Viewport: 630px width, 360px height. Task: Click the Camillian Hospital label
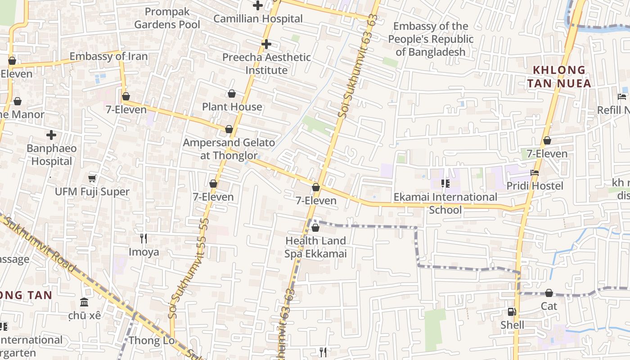click(258, 18)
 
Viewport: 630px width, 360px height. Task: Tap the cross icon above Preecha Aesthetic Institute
click(266, 44)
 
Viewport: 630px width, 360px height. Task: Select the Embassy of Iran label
click(108, 56)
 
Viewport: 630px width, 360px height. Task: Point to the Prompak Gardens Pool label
click(167, 18)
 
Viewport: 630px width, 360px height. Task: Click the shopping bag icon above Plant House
click(232, 94)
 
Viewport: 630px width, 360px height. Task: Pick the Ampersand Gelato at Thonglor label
click(229, 149)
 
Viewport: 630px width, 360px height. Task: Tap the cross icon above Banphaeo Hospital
click(51, 135)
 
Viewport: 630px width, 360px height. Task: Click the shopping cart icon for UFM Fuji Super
click(92, 179)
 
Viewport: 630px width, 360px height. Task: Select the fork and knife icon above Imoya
click(144, 238)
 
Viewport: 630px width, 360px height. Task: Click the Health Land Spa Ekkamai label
click(315, 247)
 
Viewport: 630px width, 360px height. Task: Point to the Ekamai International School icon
click(445, 184)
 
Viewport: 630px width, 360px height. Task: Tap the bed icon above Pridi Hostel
click(535, 173)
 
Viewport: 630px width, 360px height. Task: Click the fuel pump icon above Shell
click(512, 311)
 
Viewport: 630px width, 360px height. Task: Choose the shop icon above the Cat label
click(549, 293)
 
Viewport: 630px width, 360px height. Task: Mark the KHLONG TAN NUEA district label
click(559, 76)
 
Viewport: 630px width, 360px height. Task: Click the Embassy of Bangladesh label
click(431, 39)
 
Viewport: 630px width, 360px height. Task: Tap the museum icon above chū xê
click(84, 302)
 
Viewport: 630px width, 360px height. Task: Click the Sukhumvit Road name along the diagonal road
click(40, 243)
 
